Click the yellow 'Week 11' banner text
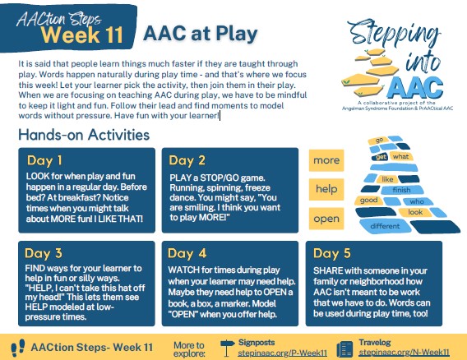click(82, 35)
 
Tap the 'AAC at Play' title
click(201, 34)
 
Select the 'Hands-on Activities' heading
click(84, 135)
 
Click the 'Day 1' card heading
click(44, 160)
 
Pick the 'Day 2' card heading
click(187, 160)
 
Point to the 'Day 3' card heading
click(44, 253)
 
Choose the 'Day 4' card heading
click(187, 253)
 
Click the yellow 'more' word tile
click(326, 160)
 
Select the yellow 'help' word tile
click(326, 189)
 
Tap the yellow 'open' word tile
click(326, 219)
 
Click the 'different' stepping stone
click(385, 226)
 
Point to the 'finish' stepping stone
click(402, 190)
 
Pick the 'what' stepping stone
click(400, 157)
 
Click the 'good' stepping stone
click(368, 200)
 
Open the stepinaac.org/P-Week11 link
click(282, 353)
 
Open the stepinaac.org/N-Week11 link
click(404, 353)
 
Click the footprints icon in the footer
click(18, 348)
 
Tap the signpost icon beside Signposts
click(228, 348)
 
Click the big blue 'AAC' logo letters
click(415, 87)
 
